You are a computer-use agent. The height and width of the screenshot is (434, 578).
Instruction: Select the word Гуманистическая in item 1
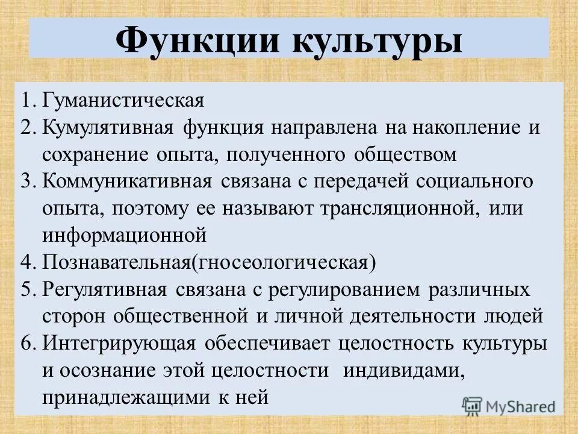tap(123, 99)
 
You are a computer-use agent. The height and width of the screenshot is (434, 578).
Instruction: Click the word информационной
tap(125, 235)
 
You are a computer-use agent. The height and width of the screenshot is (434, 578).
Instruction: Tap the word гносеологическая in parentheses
tap(284, 262)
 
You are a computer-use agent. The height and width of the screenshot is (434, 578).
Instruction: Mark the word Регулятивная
tap(104, 289)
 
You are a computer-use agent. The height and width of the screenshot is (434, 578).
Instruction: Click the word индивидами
tap(403, 370)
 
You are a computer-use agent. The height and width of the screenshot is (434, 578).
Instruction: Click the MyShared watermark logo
tap(509, 405)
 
